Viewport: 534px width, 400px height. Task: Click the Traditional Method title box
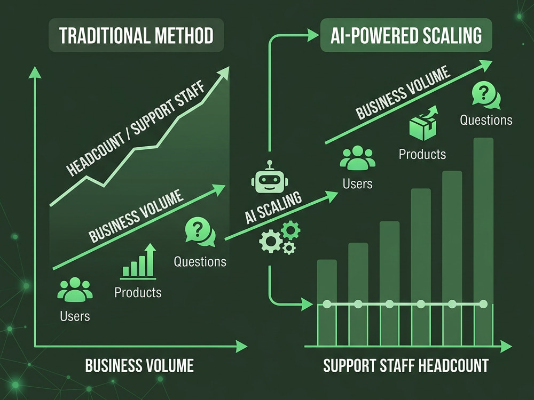136,35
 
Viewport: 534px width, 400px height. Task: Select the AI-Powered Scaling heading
406,35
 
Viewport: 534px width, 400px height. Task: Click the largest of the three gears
270,241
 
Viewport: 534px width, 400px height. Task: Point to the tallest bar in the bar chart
483,242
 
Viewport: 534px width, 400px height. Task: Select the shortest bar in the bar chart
327,303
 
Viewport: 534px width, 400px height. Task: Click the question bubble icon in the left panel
200,231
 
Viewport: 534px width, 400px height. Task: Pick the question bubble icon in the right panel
486,95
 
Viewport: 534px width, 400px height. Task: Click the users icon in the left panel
75,290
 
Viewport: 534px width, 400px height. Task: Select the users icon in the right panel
358,158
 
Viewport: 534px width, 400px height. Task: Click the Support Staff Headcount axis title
406,366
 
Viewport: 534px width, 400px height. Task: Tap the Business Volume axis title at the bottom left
139,366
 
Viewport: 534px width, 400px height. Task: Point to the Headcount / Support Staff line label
136,128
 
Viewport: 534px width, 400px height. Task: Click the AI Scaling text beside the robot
273,207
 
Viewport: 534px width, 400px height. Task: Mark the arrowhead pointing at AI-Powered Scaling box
313,35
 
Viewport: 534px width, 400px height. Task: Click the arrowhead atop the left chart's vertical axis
35,73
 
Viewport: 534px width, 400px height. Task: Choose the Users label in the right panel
358,184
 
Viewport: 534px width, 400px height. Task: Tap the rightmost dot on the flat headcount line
483,304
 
